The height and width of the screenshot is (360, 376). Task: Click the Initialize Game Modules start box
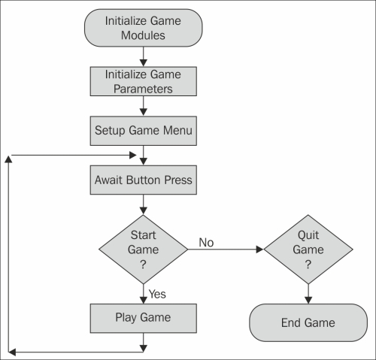143,28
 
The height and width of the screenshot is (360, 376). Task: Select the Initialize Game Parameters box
144,81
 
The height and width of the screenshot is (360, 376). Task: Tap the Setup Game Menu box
144,131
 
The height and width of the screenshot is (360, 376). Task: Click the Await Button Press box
144,180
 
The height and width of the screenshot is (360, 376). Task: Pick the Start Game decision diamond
143,250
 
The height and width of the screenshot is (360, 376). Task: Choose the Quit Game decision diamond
308,250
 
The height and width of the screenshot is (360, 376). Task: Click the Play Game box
144,319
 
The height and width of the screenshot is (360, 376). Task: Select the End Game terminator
308,322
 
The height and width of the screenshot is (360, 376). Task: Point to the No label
206,243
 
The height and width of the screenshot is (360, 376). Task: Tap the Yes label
157,294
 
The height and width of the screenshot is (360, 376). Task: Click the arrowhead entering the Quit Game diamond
259,250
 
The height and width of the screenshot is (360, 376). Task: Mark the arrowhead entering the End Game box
308,300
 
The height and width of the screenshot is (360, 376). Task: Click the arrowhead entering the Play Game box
143,300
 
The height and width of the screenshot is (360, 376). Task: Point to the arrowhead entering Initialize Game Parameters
143,63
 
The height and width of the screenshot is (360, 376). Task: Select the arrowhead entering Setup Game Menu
143,112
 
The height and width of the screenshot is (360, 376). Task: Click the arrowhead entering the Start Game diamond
143,211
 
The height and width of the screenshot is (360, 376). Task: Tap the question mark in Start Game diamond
143,265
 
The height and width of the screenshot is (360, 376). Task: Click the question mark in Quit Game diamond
308,265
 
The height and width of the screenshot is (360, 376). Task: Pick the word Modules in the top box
143,35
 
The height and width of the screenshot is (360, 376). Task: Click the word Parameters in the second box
143,89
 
